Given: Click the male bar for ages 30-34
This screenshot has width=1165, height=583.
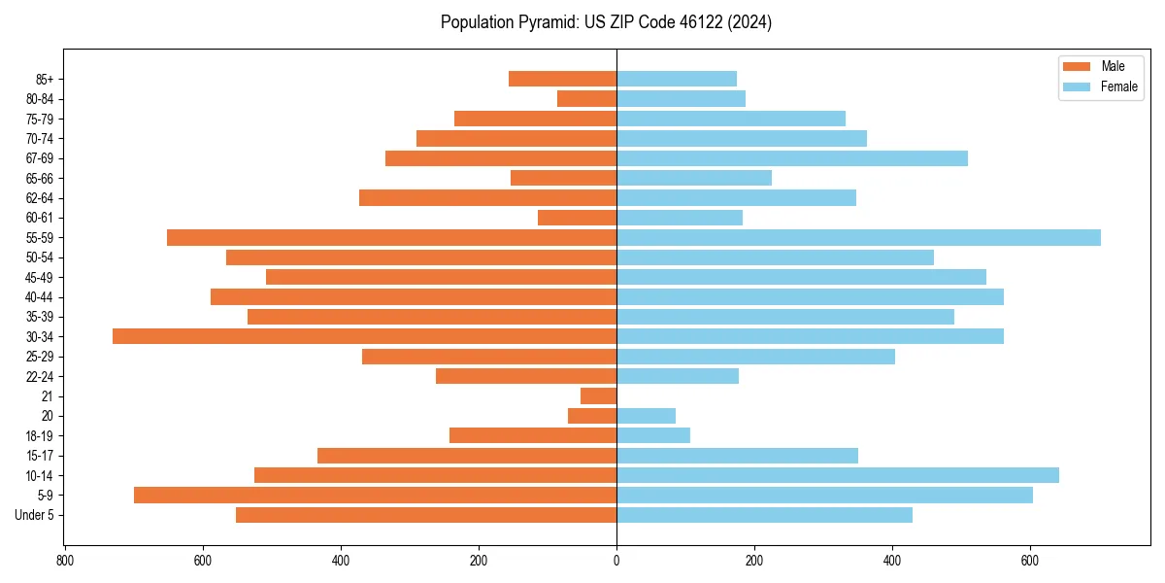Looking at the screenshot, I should click(364, 336).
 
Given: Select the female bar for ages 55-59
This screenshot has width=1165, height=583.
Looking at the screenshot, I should click(858, 237).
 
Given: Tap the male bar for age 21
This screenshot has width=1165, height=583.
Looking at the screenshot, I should click(598, 395).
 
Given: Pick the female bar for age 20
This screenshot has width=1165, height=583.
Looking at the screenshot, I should click(646, 416).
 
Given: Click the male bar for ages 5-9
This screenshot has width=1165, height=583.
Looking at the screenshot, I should click(375, 495).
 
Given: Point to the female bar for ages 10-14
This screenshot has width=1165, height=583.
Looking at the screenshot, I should click(837, 475).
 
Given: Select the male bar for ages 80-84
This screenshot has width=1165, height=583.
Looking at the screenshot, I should click(586, 98).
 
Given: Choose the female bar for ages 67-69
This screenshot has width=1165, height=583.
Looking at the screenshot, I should click(791, 158).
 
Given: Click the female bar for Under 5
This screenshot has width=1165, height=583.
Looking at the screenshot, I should click(764, 515).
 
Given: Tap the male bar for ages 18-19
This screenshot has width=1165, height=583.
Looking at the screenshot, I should click(532, 435).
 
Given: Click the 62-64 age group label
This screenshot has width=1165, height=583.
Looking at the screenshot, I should click(39, 198).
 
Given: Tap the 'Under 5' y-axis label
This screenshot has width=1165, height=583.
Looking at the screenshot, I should click(34, 515).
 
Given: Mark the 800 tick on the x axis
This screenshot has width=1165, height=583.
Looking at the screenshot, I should click(65, 561).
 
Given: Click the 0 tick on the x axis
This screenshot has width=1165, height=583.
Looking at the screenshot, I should click(616, 561).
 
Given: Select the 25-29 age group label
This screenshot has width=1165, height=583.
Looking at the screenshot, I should click(39, 357).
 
